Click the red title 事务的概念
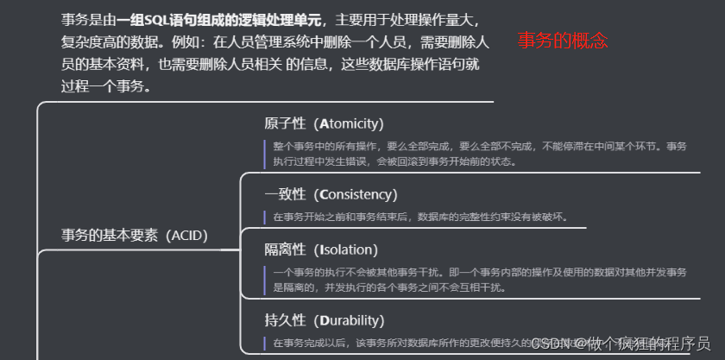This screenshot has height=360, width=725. coord(563,41)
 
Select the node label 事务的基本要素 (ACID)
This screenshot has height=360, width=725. coord(135,235)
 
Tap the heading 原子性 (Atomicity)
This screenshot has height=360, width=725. coord(324,123)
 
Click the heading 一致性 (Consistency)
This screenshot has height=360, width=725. coord(331,194)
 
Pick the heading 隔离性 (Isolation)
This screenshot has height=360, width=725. coord(321,249)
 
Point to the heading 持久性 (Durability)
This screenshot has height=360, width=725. coord(324,320)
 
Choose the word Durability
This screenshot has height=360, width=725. coord(350,320)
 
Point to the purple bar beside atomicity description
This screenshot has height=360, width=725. coord(266,154)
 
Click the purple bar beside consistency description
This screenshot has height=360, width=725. coord(266,216)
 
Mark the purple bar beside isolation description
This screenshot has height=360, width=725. coord(266,280)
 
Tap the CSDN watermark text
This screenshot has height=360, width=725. coord(619,343)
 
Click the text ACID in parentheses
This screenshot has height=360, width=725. coord(188,235)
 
